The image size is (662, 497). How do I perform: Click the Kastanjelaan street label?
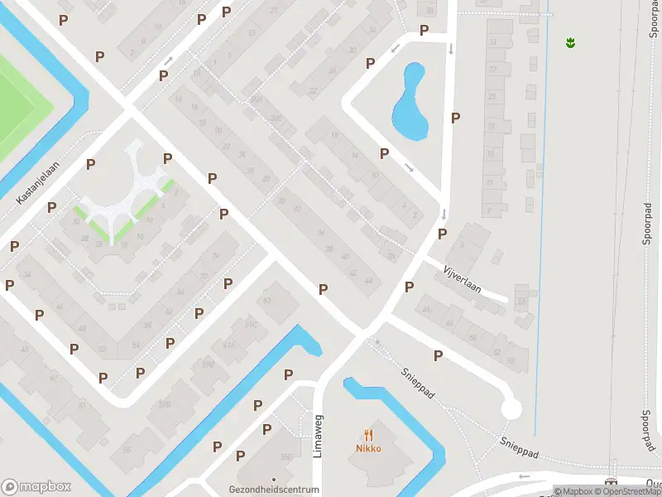pos(40,183)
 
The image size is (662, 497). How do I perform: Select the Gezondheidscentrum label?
pos(274,490)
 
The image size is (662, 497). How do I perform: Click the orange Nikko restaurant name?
pos(369,449)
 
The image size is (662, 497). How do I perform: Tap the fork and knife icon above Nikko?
pos(369,434)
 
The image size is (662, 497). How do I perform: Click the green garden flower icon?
pos(570,41)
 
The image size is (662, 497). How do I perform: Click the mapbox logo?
pos(36,487)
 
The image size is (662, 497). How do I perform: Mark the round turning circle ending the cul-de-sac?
pos(511,408)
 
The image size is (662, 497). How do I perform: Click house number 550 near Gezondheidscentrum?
pos(287,457)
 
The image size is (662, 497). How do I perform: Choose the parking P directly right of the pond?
pos(455,118)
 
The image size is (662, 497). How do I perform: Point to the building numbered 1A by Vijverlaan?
pos(520,302)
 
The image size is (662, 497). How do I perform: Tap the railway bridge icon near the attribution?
pos(612,482)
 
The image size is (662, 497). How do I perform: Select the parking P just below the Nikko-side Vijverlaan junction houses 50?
pos(439,355)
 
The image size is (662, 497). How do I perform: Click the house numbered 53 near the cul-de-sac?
pos(511,360)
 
